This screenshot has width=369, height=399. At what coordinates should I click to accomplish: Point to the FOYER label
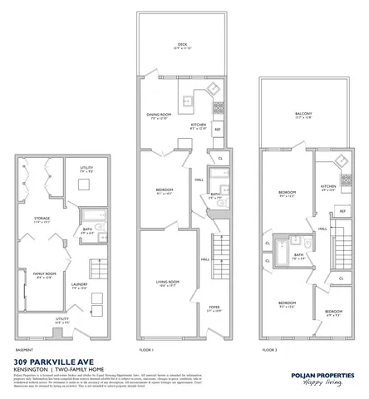pyautogui.click(x=214, y=309)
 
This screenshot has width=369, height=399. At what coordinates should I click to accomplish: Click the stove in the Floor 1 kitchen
pyautogui.click(x=218, y=108)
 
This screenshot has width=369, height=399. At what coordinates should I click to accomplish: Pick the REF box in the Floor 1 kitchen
pyautogui.click(x=218, y=130)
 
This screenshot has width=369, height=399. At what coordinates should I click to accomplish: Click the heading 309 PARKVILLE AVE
pyautogui.click(x=53, y=363)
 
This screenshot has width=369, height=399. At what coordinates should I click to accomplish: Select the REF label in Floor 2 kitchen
pyautogui.click(x=342, y=212)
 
